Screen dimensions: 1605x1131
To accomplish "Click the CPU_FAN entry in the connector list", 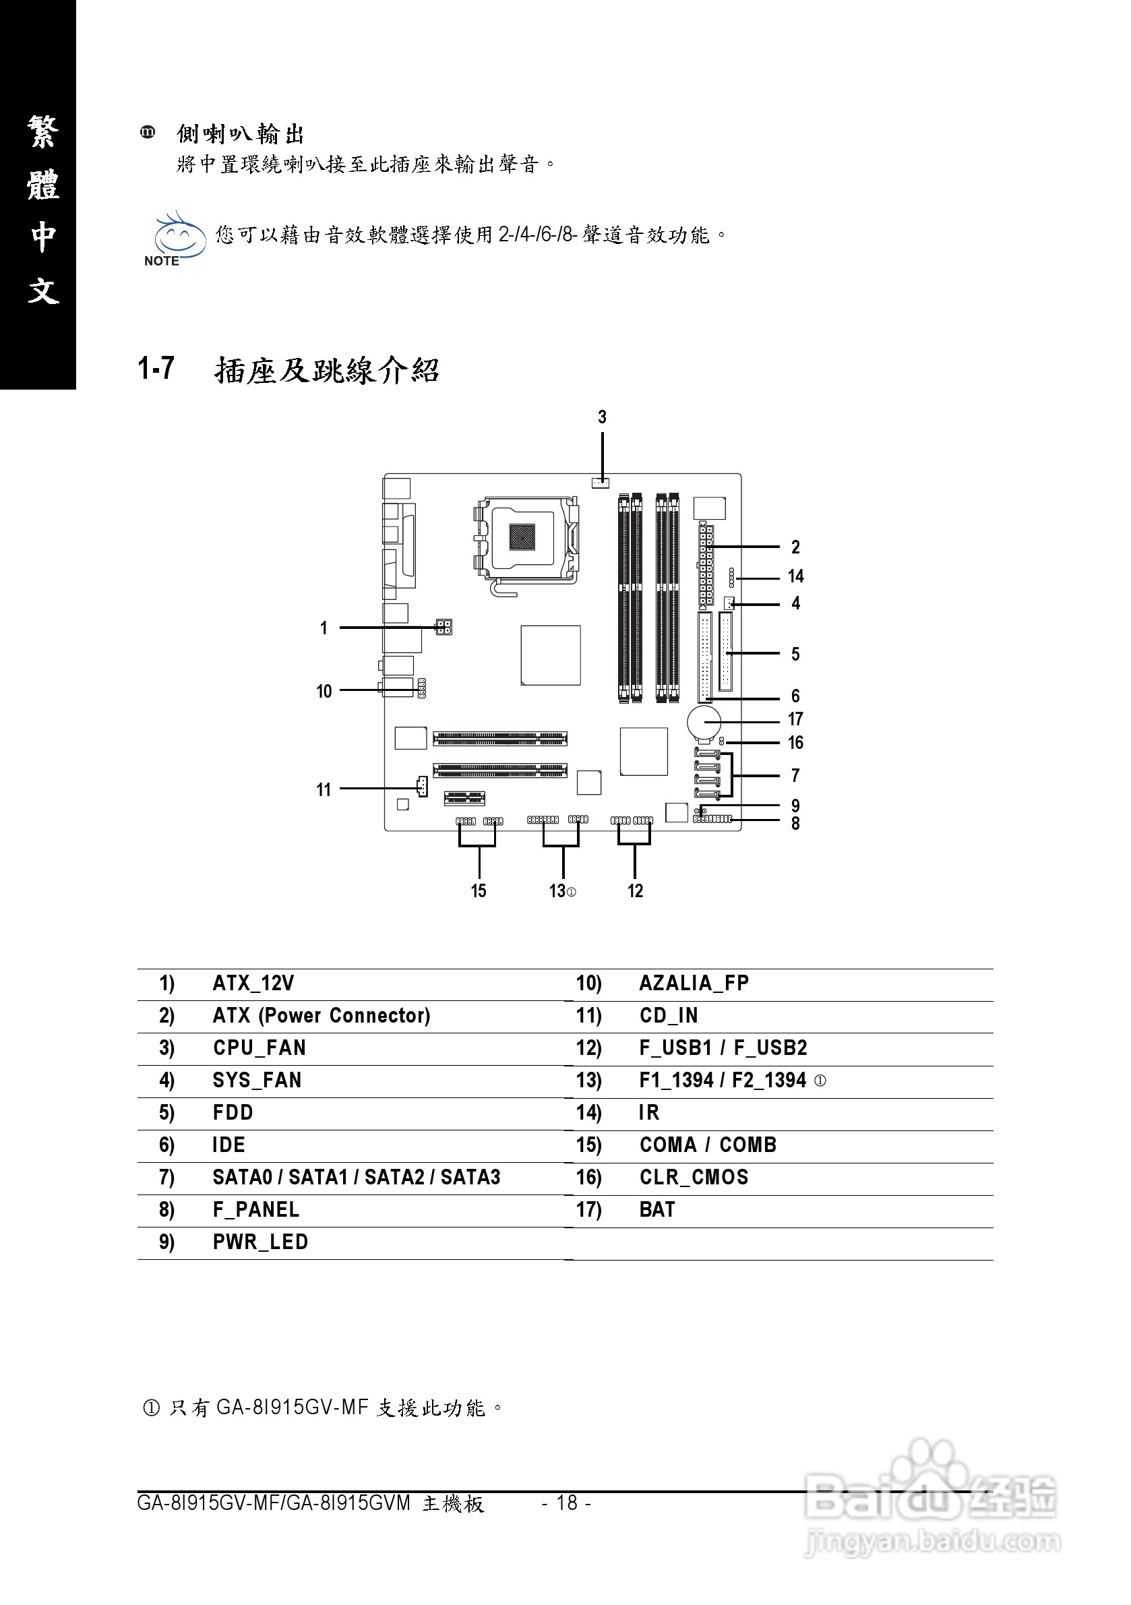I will pos(259,1048).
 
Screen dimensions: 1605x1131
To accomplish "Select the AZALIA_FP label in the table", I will pos(694,983).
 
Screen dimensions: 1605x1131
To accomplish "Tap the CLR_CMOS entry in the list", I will pos(694,1177).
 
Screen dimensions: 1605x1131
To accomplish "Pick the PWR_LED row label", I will pos(260,1242).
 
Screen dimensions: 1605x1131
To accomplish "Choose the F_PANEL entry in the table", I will pos(256,1209).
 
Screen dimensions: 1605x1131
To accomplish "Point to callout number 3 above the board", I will pos(602,417).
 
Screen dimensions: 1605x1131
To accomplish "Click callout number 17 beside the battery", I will pos(795,719).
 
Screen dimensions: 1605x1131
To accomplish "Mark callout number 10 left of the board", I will pos(324,692).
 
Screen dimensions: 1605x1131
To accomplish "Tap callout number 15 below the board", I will pos(478,891).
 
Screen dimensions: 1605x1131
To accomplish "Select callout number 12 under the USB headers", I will pos(635,891).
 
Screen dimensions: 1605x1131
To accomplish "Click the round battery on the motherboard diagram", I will pos(704,723).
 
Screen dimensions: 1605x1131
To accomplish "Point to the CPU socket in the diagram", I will pos(528,539).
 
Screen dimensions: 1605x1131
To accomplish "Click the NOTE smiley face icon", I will pos(178,238).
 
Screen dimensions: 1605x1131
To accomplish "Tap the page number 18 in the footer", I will pos(567,1503).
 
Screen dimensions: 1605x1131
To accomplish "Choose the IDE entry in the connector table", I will pos(228,1145).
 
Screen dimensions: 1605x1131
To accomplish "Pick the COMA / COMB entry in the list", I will pos(708,1145).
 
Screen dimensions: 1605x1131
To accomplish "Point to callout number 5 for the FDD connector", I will pos(795,655).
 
